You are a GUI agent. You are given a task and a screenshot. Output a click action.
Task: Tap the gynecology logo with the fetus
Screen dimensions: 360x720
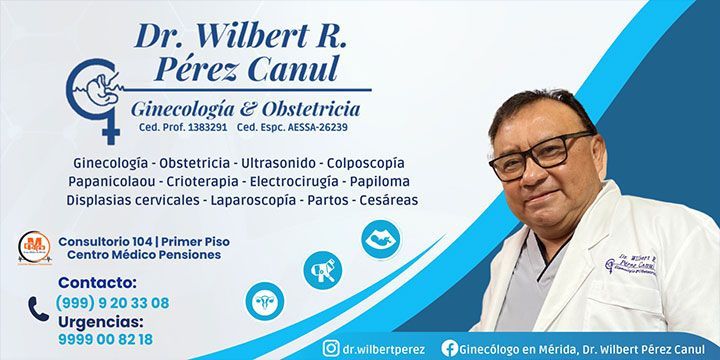click(93, 96)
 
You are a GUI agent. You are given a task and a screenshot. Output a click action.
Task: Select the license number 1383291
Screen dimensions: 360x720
click(204, 128)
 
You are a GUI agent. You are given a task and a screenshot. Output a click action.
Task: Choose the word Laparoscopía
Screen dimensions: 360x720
click(254, 200)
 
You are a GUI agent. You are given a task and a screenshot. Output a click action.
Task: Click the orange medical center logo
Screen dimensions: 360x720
click(35, 247)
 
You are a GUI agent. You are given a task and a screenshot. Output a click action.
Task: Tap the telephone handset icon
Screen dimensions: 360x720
click(38, 309)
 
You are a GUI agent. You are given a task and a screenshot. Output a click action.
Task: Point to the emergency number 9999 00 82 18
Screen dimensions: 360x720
click(105, 339)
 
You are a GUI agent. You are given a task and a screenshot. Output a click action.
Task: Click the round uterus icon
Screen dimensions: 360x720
click(265, 300)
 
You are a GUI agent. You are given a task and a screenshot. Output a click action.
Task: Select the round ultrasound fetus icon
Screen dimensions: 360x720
click(380, 239)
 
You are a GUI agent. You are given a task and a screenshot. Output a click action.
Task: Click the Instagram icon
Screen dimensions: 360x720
click(330, 348)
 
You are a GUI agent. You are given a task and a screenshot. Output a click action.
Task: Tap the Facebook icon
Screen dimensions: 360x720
click(450, 348)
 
